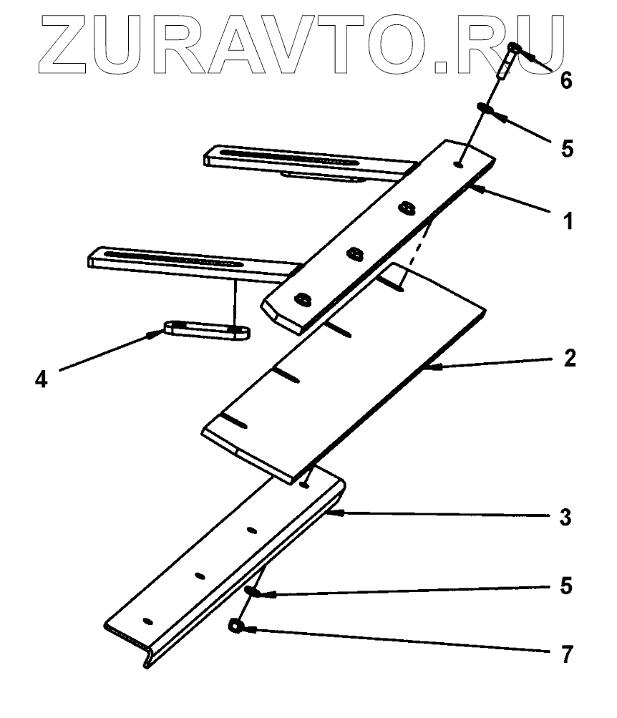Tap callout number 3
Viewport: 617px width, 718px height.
click(566, 516)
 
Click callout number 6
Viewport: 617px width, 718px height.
click(566, 81)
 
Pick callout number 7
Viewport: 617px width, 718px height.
click(566, 654)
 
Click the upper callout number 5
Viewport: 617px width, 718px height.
click(566, 149)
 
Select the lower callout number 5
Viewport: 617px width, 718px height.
click(566, 585)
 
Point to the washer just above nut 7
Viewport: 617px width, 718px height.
click(251, 591)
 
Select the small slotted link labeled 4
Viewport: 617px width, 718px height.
click(208, 330)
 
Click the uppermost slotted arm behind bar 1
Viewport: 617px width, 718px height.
click(301, 162)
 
